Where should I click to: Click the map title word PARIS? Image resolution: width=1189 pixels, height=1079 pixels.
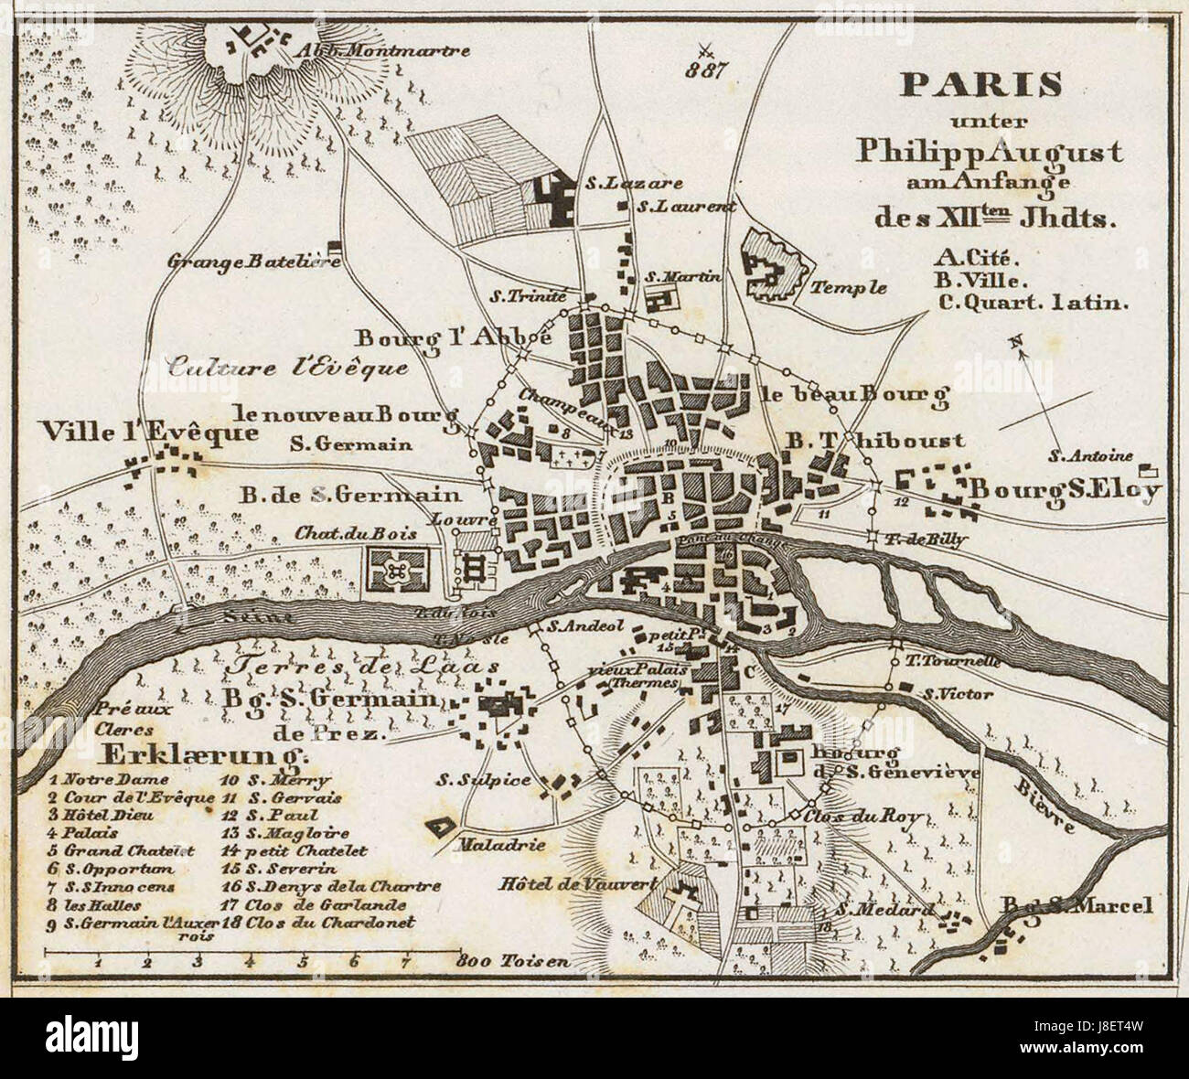tap(981, 85)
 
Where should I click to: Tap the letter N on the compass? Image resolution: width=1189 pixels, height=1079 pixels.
tap(1013, 343)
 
